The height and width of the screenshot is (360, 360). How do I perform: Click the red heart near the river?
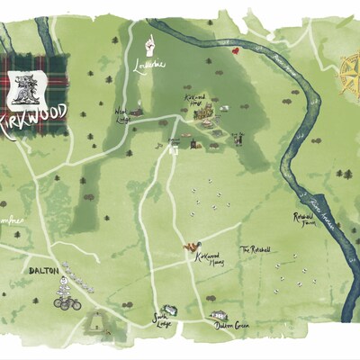236,52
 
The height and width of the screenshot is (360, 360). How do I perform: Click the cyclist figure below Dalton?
64,296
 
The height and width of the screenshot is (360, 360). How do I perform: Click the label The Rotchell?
255,249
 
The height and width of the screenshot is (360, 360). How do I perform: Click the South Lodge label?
161,319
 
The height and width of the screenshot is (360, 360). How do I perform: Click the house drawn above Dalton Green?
217,315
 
